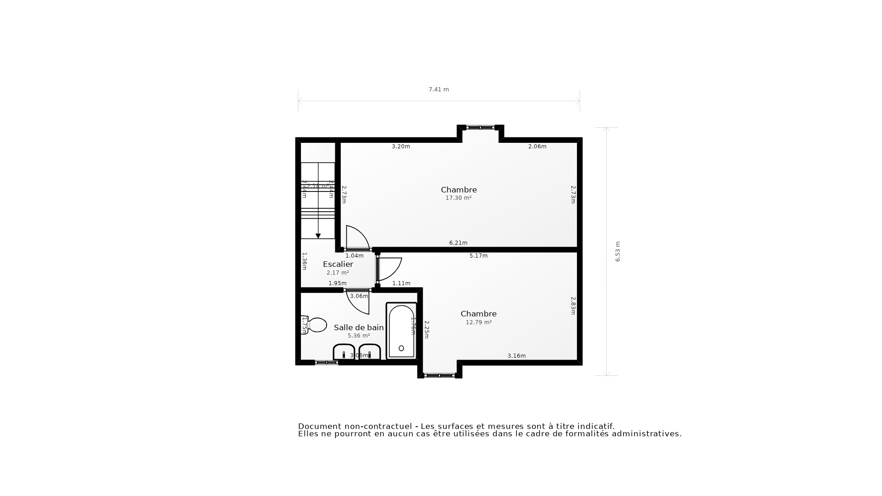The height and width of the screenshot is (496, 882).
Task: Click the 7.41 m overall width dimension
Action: [x=439, y=90]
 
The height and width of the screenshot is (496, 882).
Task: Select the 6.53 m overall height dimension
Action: [x=618, y=252]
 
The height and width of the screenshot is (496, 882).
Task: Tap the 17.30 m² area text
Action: [x=458, y=198]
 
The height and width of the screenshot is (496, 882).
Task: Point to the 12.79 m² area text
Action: [x=479, y=322]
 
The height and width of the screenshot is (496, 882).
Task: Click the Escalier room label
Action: [x=338, y=264]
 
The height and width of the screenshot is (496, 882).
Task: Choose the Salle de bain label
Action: [x=359, y=327]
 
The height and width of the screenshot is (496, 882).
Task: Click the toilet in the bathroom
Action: [x=315, y=325]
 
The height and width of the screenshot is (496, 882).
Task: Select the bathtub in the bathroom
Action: [x=401, y=331]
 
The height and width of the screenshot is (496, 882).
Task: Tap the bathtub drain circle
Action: [x=401, y=349]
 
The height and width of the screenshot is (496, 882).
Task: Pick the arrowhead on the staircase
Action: [x=318, y=236]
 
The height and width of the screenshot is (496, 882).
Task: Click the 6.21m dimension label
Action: [x=458, y=243]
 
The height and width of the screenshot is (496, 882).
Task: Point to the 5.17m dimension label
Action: [x=479, y=256]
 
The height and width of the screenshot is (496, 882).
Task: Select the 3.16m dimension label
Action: [x=517, y=356]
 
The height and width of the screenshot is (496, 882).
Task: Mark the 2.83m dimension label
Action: [x=573, y=305]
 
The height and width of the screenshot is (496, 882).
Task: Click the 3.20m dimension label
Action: [x=401, y=147]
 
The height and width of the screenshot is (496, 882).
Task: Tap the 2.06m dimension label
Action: [x=537, y=147]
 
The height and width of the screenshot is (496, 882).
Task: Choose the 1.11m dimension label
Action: [x=401, y=283]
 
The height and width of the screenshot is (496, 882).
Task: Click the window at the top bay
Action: [x=481, y=127]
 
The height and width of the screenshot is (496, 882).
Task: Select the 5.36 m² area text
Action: [x=359, y=336]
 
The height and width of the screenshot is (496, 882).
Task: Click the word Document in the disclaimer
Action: [x=319, y=426]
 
